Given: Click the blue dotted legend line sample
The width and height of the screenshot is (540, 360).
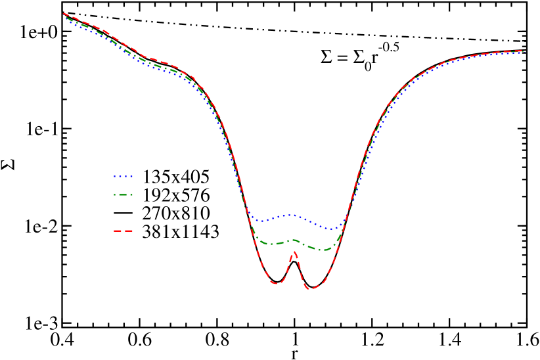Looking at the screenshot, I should pyautogui.click(x=124, y=176).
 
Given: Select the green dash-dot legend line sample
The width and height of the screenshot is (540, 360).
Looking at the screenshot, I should pyautogui.click(x=124, y=194).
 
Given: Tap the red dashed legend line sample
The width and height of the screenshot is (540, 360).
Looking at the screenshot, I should pyautogui.click(x=124, y=231).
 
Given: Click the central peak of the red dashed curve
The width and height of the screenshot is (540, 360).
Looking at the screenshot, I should pyautogui.click(x=294, y=251).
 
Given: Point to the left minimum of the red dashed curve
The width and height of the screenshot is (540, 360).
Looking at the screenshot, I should pyautogui.click(x=277, y=284).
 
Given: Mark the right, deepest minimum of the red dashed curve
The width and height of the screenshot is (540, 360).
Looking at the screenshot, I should pyautogui.click(x=311, y=288).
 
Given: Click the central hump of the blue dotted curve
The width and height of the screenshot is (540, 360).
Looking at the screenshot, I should pyautogui.click(x=290, y=215).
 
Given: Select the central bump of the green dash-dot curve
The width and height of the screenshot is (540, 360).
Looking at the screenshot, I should pyautogui.click(x=294, y=240).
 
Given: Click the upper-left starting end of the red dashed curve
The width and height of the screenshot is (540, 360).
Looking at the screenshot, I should pyautogui.click(x=64, y=13).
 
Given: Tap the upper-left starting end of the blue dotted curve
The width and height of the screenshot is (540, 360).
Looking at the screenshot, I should pyautogui.click(x=64, y=18).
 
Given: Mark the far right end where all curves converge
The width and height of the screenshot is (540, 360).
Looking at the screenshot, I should pyautogui.click(x=522, y=51).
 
